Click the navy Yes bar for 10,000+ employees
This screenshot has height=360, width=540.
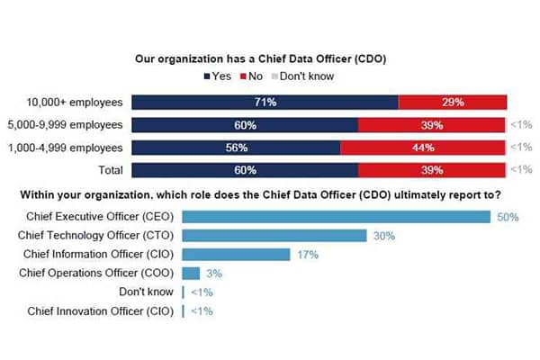(265, 103)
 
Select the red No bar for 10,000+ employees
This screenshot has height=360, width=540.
(453, 103)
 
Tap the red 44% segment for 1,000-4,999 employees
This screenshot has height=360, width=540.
(423, 148)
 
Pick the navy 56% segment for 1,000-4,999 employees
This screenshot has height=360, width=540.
(237, 148)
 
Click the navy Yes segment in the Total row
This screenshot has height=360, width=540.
(245, 170)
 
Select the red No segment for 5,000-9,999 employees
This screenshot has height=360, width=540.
(433, 125)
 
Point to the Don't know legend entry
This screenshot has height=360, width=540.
(303, 76)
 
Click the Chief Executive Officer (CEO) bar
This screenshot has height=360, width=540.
(336, 216)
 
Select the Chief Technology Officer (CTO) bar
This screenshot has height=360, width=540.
(274, 236)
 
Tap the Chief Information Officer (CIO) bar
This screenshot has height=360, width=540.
(235, 255)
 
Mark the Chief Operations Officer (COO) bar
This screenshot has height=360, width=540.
(191, 273)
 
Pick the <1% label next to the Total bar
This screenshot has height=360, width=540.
(523, 170)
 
